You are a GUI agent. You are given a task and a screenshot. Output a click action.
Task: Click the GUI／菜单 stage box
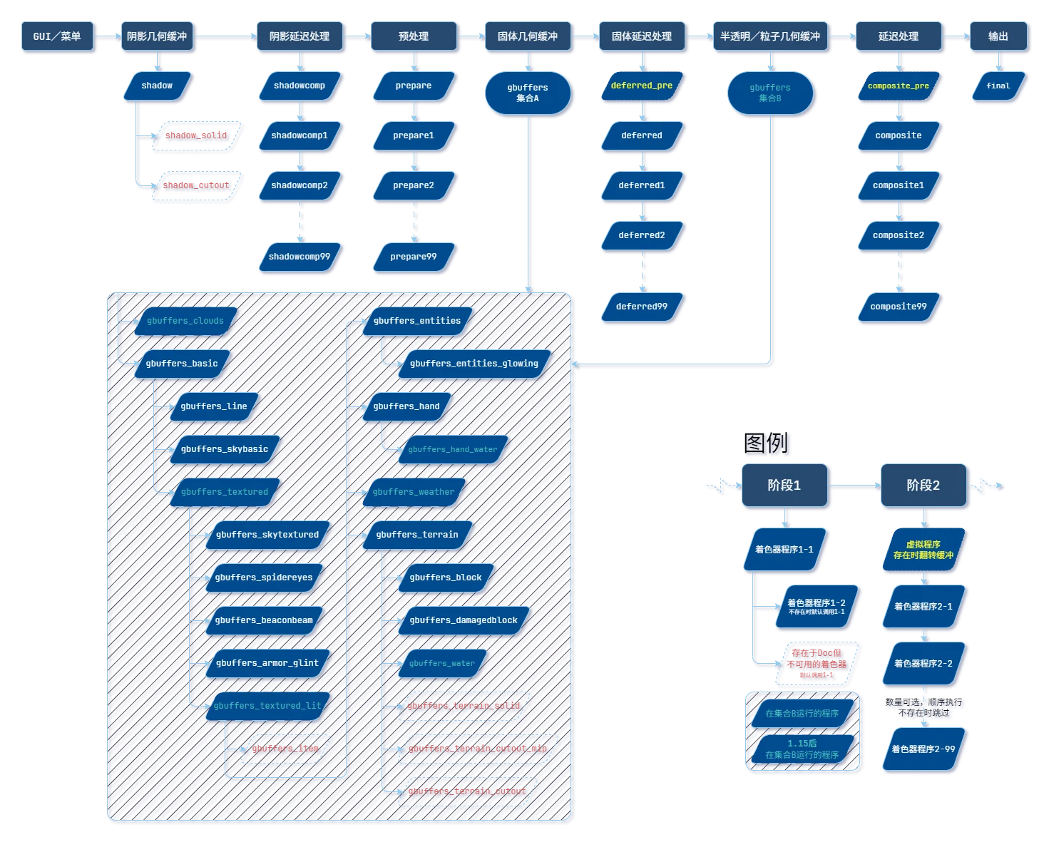57,36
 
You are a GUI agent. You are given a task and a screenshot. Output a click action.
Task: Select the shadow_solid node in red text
196,135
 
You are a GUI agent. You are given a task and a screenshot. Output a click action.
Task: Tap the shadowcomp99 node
300,257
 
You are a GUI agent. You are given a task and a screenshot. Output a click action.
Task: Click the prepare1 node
414,135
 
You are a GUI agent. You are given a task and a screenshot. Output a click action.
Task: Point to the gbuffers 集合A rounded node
528,93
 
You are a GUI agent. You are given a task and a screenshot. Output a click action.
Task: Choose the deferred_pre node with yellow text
642,86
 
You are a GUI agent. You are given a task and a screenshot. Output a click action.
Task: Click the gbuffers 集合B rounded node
770,93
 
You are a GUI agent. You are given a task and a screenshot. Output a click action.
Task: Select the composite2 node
899,235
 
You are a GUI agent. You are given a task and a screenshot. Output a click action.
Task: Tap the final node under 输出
998,86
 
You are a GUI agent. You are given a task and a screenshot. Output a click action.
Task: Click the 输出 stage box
998,36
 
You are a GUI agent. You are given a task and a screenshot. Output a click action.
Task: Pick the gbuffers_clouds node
185,321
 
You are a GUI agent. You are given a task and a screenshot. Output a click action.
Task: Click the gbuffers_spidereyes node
264,577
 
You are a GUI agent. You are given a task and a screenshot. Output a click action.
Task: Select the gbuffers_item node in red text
285,749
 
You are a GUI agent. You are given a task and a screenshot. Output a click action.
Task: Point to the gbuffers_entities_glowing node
474,364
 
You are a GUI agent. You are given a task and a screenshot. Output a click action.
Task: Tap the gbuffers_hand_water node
453,449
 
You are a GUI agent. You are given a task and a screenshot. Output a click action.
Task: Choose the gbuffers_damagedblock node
464,620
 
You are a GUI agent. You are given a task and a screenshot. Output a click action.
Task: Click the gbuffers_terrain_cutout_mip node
478,749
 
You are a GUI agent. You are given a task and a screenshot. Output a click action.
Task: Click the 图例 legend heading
768,446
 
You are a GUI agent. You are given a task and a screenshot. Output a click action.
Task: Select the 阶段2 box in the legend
923,486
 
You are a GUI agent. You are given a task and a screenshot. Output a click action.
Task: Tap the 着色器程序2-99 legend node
923,749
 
